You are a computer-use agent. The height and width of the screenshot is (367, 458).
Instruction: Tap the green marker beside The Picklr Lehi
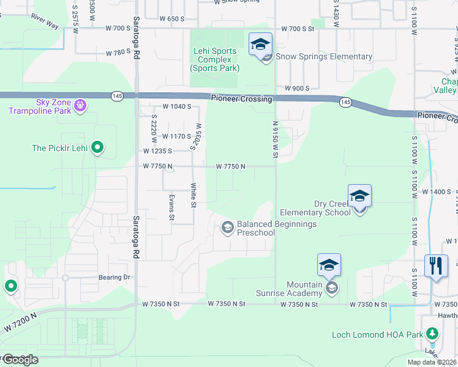click(97, 147)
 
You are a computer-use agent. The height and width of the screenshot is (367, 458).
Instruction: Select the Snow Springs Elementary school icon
click(261, 46)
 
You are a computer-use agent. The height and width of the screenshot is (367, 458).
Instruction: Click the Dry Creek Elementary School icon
click(359, 198)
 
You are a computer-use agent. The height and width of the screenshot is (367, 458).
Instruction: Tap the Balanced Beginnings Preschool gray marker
click(227, 228)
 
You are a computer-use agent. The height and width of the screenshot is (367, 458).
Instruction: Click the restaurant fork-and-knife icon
click(436, 266)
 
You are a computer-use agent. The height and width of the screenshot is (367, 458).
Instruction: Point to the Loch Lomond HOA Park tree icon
click(432, 334)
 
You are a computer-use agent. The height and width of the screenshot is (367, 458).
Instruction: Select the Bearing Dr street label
click(114, 277)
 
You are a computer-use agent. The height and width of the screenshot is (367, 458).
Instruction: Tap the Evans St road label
click(172, 208)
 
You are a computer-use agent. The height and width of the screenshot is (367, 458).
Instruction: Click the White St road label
click(193, 196)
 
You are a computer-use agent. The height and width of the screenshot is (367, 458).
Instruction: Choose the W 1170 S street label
click(177, 136)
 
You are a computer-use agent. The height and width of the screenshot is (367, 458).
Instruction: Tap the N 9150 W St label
click(276, 140)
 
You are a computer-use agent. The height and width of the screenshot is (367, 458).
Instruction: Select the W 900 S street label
click(291, 88)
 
